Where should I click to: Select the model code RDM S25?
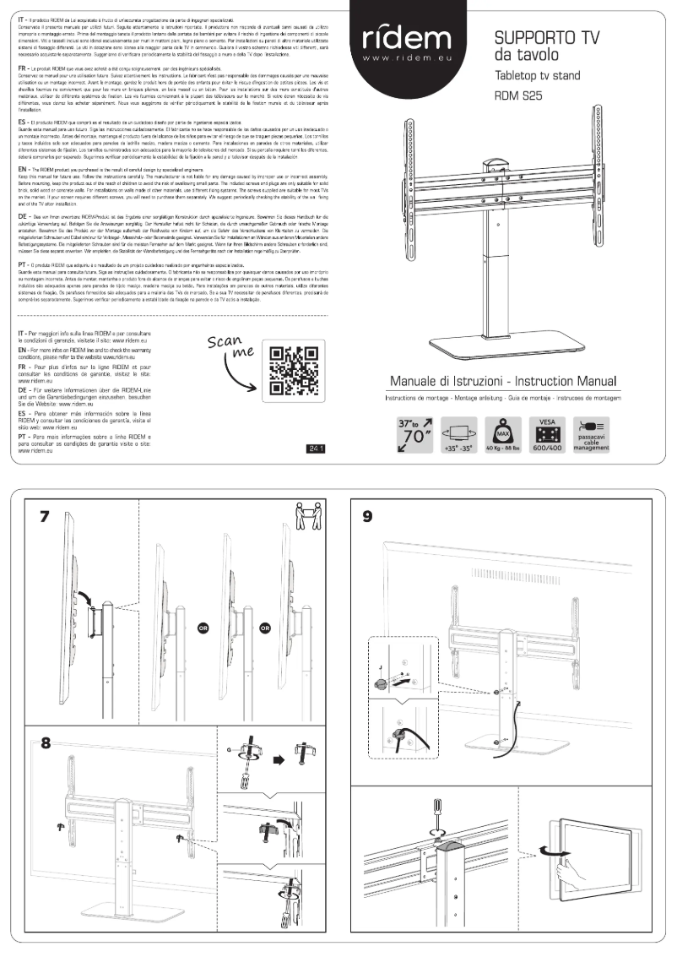click(517, 96)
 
